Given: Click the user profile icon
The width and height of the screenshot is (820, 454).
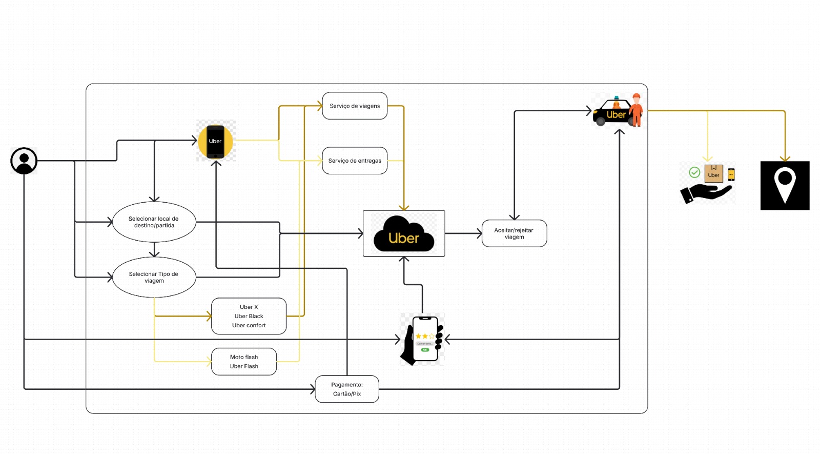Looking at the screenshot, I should [24, 161].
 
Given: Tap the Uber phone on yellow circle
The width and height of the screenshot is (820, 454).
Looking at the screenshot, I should [215, 141].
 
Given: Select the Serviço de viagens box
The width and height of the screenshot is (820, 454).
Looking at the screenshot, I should [355, 106].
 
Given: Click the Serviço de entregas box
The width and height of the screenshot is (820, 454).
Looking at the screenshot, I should [355, 161].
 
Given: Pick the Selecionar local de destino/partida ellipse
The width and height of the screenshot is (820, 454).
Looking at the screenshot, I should [154, 222].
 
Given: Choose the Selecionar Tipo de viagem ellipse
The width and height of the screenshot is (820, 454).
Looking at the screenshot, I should [154, 278].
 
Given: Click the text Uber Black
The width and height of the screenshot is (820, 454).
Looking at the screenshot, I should [249, 316].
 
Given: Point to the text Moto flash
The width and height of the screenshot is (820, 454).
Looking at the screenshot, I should [244, 357].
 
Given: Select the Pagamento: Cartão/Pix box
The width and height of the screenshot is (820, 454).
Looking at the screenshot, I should [347, 389].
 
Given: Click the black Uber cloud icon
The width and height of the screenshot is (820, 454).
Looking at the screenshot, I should [404, 235].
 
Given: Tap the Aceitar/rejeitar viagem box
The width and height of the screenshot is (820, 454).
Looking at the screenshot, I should [514, 233].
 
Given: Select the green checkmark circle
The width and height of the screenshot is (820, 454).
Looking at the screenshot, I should [694, 172].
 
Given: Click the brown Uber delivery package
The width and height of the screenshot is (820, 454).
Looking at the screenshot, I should [713, 173].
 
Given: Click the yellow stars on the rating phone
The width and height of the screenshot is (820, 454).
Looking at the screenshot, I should [425, 336].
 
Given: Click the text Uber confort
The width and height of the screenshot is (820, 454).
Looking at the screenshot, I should [249, 325].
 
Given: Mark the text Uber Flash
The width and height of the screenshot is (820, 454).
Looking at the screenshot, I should [244, 366].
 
